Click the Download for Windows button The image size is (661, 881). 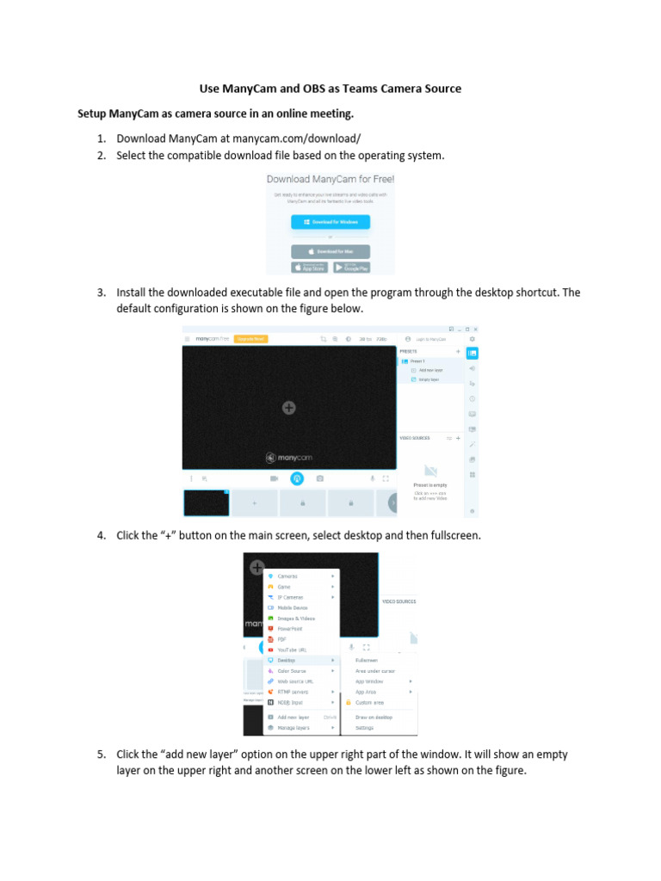pyautogui.click(x=330, y=222)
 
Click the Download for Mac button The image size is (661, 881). pyautogui.click(x=330, y=251)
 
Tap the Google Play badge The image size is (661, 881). pyautogui.click(x=353, y=268)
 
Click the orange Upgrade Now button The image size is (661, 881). pyautogui.click(x=250, y=339)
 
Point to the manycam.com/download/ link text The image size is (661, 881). pyautogui.click(x=299, y=139)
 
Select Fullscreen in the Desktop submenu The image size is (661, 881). pyautogui.click(x=367, y=660)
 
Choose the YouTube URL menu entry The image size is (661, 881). pyautogui.click(x=292, y=650)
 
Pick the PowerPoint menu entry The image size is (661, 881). pyautogui.click(x=289, y=629)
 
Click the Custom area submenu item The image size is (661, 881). pyautogui.click(x=369, y=702)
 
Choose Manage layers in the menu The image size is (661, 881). pyautogui.click(x=293, y=727)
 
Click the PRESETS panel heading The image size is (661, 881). pyautogui.click(x=410, y=351)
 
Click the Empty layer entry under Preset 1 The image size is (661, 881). pyautogui.click(x=429, y=379)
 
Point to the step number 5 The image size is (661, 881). pyautogui.click(x=101, y=755)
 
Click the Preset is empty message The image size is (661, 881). pyautogui.click(x=430, y=485)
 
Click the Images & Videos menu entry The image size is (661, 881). pyautogui.click(x=295, y=619)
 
